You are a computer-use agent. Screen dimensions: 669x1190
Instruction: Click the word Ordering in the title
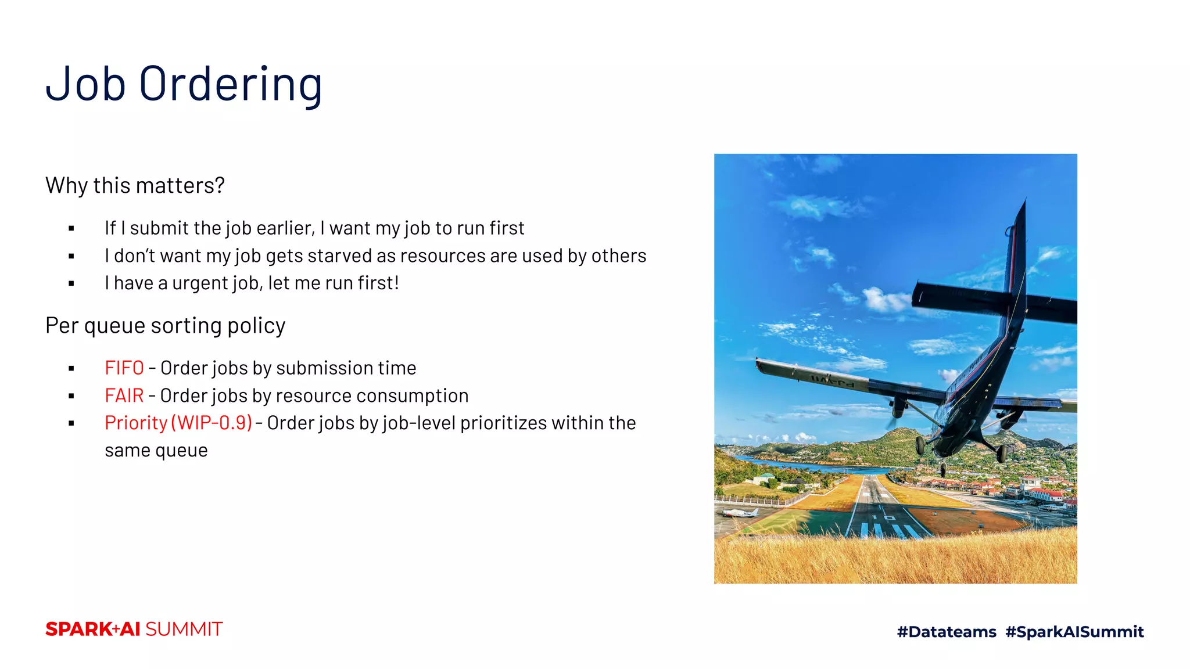(x=231, y=85)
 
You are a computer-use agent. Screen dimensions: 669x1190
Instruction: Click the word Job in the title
(x=85, y=85)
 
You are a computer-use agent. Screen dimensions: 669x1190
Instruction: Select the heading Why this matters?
(x=135, y=186)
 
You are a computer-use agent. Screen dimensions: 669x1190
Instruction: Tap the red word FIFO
(x=124, y=368)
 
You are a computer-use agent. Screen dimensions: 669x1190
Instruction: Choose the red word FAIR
(x=124, y=395)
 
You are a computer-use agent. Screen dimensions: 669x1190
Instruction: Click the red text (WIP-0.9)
(x=212, y=423)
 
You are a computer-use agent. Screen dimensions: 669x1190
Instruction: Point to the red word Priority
(x=136, y=423)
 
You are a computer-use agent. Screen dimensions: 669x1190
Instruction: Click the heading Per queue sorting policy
(x=165, y=326)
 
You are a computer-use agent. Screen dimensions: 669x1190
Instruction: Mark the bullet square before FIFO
(x=71, y=369)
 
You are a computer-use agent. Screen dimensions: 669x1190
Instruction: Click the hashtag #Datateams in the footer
(x=947, y=632)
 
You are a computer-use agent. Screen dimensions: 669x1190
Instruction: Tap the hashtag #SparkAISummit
(x=1074, y=632)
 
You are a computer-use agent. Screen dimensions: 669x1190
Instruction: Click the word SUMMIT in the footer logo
(x=184, y=630)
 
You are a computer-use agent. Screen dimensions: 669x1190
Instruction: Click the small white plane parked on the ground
(x=739, y=512)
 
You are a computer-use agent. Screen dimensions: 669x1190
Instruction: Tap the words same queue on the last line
(x=156, y=451)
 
